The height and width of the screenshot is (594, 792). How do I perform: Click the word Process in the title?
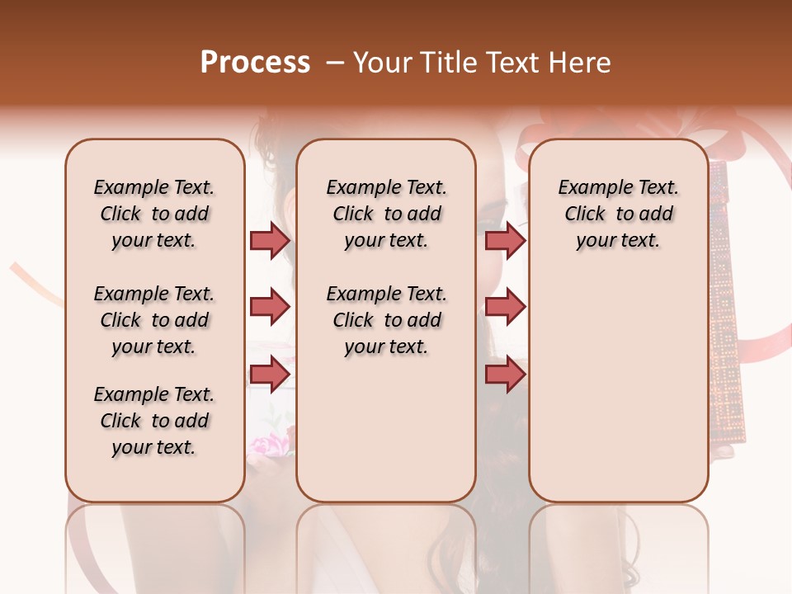click(255, 63)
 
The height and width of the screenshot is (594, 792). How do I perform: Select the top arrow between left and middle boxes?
click(270, 240)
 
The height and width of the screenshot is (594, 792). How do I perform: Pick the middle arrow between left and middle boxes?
click(270, 307)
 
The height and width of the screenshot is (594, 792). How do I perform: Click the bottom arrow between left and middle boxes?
click(270, 374)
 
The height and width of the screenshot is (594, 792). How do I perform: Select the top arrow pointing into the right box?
click(505, 240)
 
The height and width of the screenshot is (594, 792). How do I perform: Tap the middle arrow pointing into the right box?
click(505, 307)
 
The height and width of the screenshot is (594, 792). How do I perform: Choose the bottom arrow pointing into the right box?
click(505, 374)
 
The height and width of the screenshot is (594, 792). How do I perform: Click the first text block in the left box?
click(153, 214)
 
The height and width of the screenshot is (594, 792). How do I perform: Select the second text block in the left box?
click(153, 320)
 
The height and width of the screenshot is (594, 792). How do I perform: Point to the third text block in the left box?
click(153, 421)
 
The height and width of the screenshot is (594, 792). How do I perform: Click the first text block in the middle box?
click(386, 214)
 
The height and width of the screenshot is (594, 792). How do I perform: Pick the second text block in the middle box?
click(386, 320)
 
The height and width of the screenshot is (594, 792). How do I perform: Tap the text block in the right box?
click(618, 214)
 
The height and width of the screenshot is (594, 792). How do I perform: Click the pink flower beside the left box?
click(270, 446)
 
